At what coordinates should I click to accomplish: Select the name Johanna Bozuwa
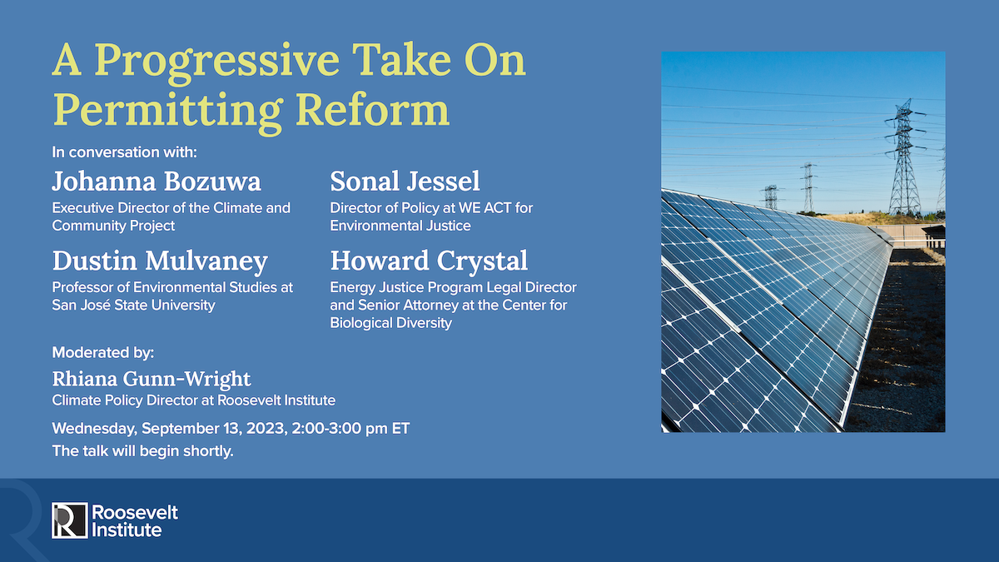pyautogui.click(x=157, y=181)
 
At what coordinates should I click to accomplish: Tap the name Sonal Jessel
pyautogui.click(x=405, y=181)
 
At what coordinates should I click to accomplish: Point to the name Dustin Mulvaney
pyautogui.click(x=160, y=261)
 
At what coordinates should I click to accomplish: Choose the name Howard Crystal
pyautogui.click(x=429, y=261)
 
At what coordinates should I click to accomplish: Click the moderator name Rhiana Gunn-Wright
pyautogui.click(x=151, y=379)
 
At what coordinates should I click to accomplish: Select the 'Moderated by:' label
pyautogui.click(x=103, y=351)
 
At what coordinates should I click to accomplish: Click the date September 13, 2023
pyautogui.click(x=217, y=429)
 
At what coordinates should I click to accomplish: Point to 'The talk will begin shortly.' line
pyautogui.click(x=142, y=451)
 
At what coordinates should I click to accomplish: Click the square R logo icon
pyautogui.click(x=69, y=520)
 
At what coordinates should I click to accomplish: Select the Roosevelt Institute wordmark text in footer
pyautogui.click(x=132, y=520)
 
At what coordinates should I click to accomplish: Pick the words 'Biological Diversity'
pyautogui.click(x=390, y=323)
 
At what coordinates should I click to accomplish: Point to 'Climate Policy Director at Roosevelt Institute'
pyautogui.click(x=193, y=400)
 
